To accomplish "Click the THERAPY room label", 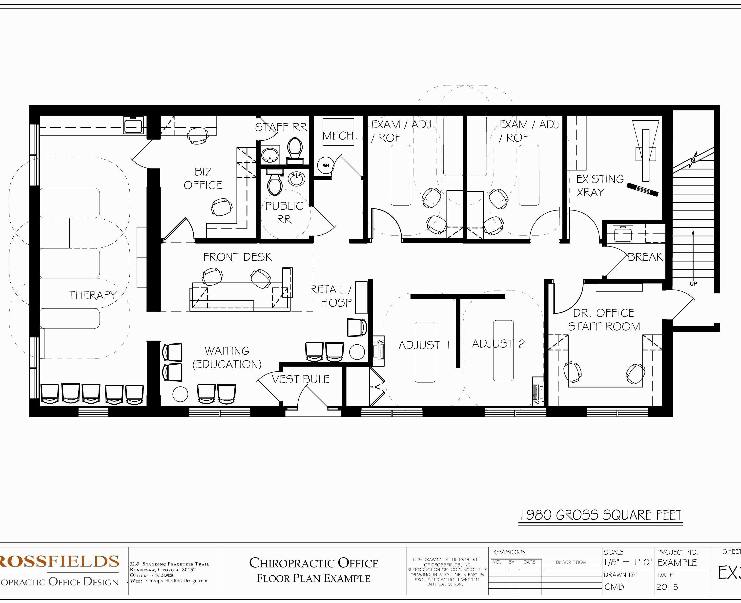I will click(92, 295).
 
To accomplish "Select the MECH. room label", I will click(339, 135).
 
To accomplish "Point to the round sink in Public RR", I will click(297, 180).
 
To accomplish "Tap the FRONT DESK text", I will click(238, 257).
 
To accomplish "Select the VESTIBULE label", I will click(300, 379).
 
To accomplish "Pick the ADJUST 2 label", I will click(498, 344).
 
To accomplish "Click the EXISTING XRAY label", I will click(600, 186).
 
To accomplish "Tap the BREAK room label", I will click(645, 257).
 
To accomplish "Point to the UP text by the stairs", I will click(693, 283).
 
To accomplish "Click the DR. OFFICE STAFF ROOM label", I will click(604, 320).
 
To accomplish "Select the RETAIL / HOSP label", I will click(331, 296).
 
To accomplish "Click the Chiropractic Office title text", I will click(313, 563).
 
